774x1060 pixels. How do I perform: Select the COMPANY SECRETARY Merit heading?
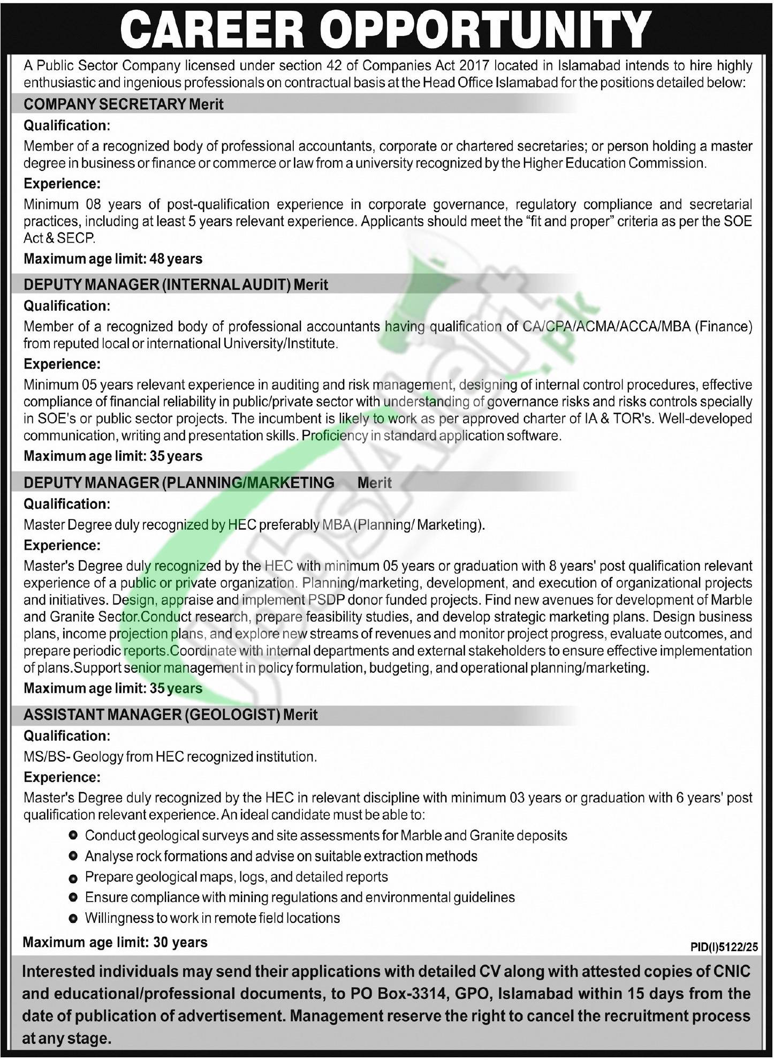123,104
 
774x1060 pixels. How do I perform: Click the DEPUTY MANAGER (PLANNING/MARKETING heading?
179,483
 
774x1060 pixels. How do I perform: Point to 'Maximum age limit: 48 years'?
113,259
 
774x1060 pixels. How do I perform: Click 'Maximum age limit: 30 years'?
115,942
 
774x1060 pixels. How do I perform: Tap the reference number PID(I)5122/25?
724,948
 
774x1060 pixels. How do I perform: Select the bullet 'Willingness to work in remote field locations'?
212,918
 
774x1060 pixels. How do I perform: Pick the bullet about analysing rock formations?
280,856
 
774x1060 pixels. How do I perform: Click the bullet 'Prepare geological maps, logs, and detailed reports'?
236,877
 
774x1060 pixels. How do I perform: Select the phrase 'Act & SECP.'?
59,238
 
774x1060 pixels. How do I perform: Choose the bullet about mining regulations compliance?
300,897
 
